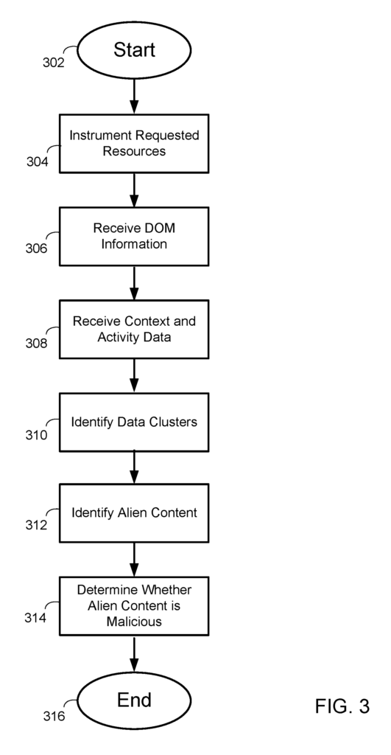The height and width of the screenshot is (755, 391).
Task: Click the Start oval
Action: (134, 49)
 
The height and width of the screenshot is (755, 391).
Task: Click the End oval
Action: (134, 700)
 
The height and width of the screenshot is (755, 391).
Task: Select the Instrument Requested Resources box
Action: (134, 144)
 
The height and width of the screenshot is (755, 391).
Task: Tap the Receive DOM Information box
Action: (134, 237)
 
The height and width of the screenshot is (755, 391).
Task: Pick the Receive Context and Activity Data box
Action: (134, 330)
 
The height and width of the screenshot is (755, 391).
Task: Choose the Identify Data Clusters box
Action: (134, 422)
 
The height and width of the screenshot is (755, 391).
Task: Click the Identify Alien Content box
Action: (134, 513)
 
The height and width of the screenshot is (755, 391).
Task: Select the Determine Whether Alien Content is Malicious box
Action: (134, 606)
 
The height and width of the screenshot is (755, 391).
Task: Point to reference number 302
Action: (53, 63)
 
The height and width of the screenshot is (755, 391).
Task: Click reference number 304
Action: (37, 161)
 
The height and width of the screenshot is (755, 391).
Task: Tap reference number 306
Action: (37, 248)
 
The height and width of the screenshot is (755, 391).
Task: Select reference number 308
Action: (37, 344)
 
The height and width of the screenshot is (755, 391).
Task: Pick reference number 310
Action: (37, 435)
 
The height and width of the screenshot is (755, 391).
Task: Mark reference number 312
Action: (37, 525)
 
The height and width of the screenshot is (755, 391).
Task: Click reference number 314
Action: (35, 617)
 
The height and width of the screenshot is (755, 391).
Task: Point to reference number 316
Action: (54, 717)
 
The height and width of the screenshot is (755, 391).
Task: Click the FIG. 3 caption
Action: (342, 706)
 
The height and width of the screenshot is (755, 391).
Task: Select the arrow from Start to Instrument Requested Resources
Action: (134, 97)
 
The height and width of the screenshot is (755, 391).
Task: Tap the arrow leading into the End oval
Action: (134, 654)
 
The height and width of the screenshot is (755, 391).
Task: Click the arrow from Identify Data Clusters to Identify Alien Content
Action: (134, 467)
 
